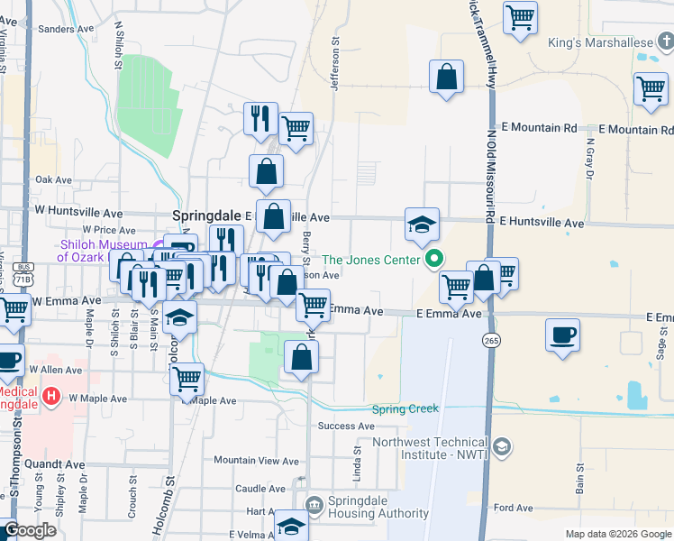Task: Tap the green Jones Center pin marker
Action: [x=434, y=260]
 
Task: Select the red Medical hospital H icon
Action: [x=51, y=395]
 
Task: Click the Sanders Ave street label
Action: [x=68, y=29]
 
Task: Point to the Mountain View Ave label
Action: [x=256, y=461]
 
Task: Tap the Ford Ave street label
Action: [x=513, y=509]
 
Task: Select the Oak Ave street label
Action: [x=53, y=180]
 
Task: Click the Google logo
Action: [x=30, y=530]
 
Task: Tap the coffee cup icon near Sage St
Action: [x=563, y=336]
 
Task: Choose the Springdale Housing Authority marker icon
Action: [x=314, y=503]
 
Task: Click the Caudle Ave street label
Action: [x=260, y=488]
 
